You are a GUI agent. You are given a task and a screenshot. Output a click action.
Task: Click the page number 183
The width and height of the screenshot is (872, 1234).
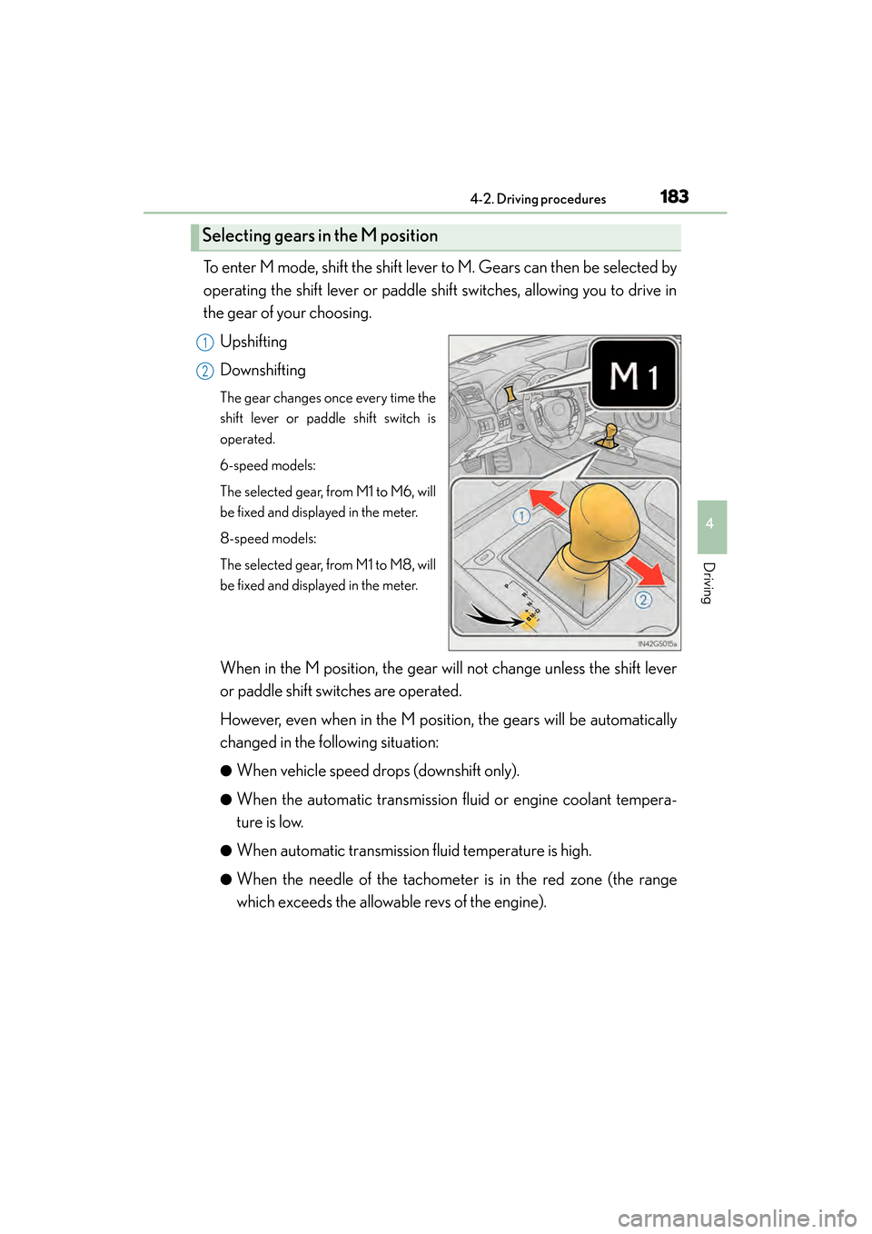674,196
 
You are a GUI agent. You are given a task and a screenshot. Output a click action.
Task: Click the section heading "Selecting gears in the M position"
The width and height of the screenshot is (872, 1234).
320,236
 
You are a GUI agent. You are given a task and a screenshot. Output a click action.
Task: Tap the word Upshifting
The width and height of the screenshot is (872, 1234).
253,342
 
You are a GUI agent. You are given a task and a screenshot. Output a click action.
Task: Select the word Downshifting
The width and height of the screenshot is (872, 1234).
263,370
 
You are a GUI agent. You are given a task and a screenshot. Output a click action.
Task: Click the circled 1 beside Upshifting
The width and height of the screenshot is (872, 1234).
205,343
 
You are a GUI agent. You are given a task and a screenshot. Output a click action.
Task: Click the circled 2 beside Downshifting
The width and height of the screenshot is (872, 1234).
205,371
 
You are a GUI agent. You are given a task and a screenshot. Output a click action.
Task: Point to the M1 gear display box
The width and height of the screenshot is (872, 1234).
634,374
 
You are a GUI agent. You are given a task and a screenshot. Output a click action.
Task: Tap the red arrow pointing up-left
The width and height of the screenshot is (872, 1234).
548,501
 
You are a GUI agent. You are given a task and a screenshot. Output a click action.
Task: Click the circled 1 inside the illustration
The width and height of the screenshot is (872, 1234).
521,516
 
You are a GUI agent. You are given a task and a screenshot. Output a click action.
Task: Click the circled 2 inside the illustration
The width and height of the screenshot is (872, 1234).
643,600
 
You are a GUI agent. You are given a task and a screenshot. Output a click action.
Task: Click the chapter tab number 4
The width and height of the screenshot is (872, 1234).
710,524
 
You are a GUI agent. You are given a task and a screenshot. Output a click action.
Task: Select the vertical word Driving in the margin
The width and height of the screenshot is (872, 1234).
709,582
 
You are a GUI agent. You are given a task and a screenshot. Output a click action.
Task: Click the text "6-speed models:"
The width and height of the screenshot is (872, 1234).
268,465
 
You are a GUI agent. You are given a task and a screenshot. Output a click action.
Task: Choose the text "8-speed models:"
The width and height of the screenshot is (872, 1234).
268,539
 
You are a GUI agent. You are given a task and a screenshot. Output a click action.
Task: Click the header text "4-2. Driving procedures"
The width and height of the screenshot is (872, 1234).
538,199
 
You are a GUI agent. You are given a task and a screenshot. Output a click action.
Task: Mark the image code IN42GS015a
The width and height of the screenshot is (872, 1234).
657,643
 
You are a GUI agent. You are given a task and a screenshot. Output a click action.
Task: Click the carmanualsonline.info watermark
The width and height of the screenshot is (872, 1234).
737,1218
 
